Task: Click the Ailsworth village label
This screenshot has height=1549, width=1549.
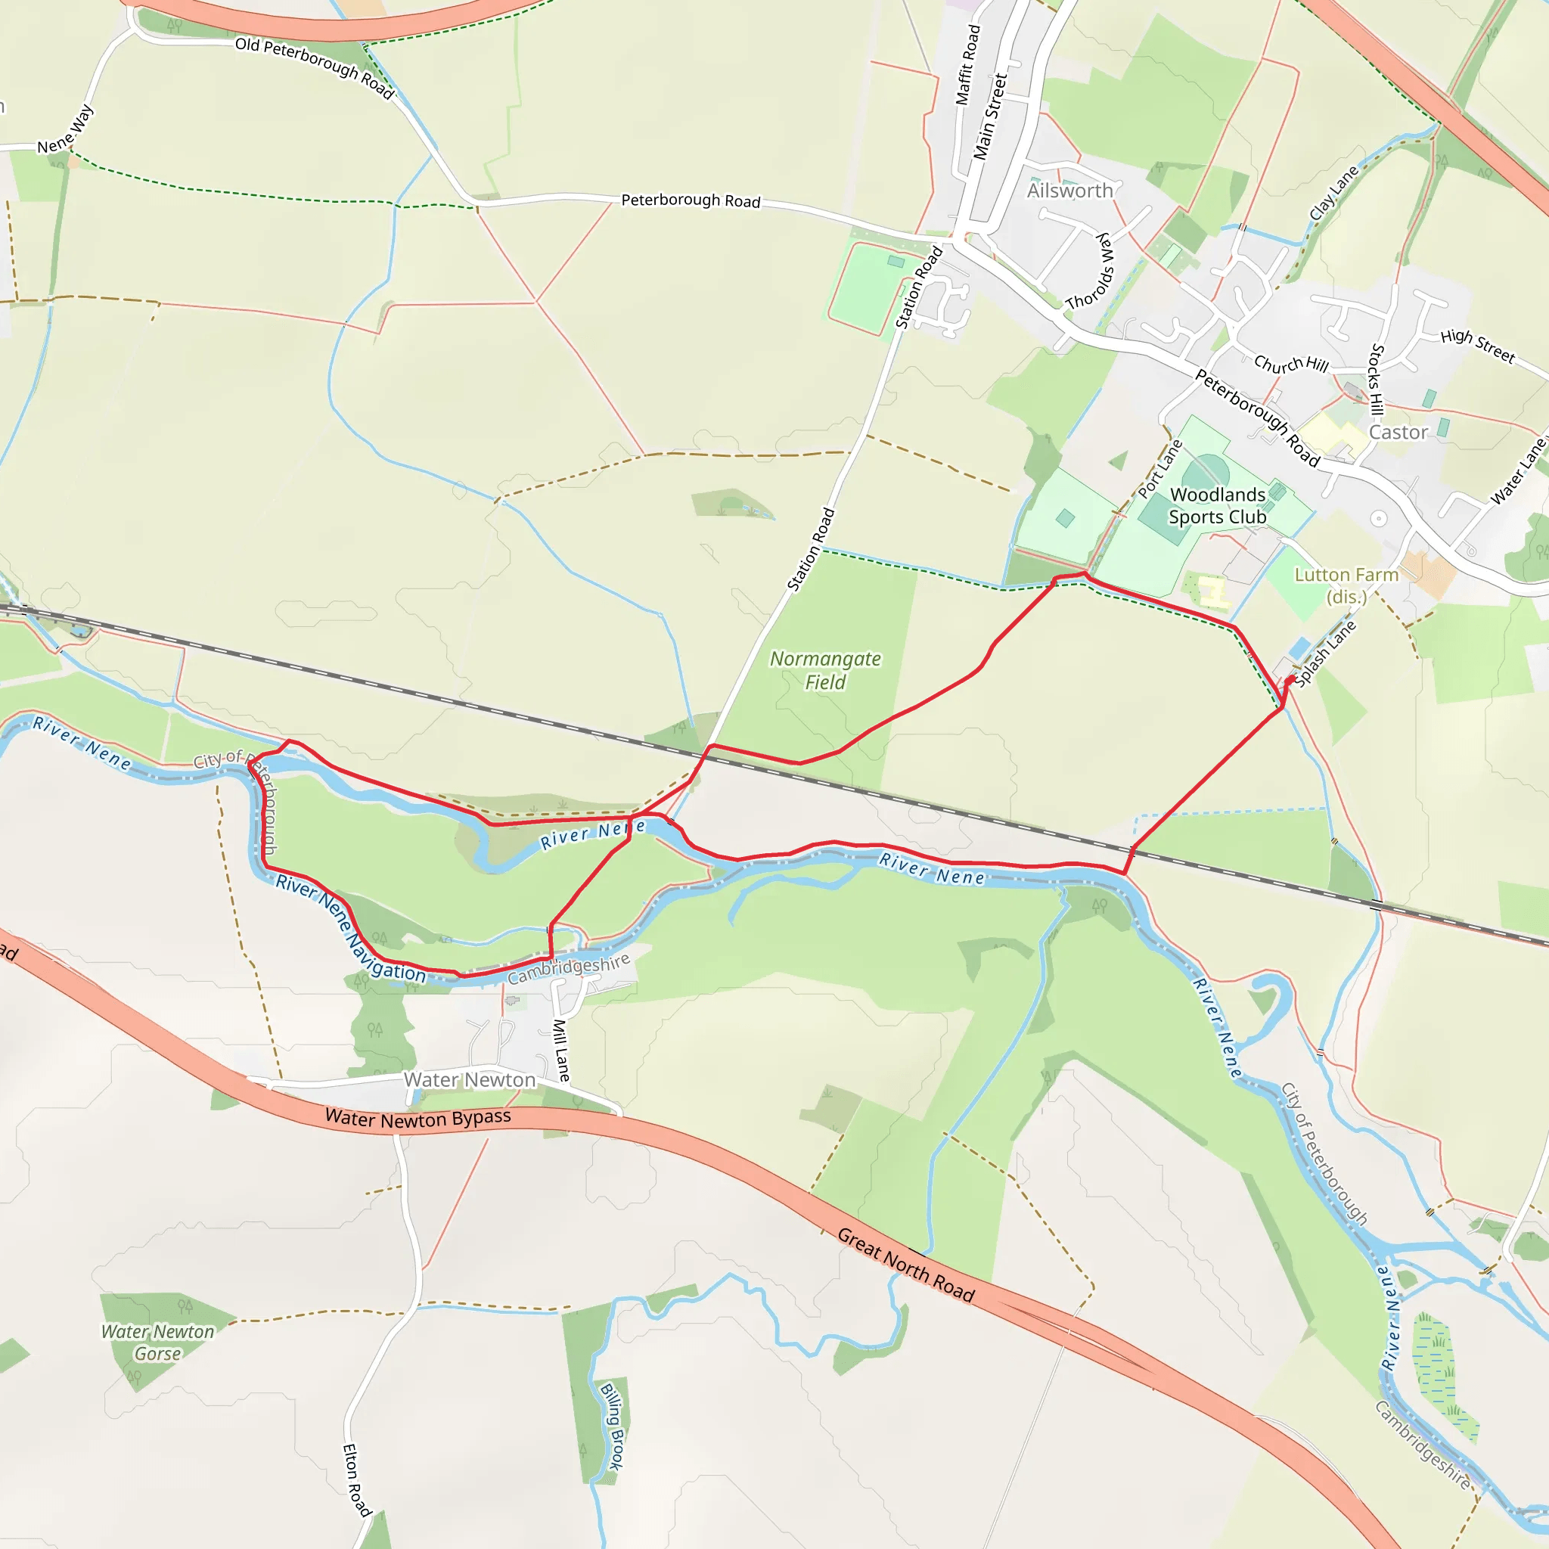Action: (1069, 191)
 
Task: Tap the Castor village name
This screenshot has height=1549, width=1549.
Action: (1398, 433)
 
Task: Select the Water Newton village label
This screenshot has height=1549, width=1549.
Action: (469, 1080)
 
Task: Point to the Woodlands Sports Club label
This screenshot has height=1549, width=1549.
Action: (1217, 506)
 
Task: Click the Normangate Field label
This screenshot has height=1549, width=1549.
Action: (825, 670)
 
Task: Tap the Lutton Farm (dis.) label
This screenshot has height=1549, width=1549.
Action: (1346, 586)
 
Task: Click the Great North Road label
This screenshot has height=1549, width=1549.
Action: (905, 1265)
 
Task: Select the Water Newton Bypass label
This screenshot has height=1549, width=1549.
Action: (418, 1119)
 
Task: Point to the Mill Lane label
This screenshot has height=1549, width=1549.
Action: (562, 1050)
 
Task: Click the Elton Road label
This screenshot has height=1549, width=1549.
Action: (357, 1479)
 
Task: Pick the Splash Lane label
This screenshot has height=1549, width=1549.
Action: (1325, 653)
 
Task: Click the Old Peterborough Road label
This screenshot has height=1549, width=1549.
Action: (315, 68)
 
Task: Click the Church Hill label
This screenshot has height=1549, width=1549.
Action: (1291, 365)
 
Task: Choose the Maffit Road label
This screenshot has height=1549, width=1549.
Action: (967, 65)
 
